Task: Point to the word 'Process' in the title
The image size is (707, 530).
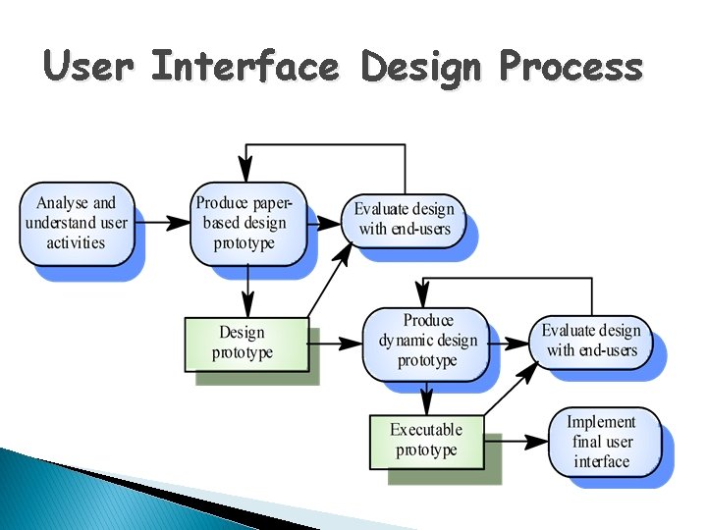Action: point(571,68)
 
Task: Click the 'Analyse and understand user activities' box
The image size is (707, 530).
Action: point(77,223)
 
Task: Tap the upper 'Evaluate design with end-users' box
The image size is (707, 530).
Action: point(404,220)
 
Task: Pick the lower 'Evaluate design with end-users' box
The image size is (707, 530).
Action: point(592,341)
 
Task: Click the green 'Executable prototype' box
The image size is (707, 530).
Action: point(427,440)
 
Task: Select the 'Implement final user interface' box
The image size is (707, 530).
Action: point(603,442)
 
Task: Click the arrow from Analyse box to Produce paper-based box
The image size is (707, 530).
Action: point(161,224)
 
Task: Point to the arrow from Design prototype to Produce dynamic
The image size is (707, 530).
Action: point(336,344)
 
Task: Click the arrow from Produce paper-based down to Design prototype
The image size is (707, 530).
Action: point(247,291)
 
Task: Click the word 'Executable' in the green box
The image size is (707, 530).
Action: point(426,430)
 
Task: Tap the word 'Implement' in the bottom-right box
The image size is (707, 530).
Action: point(602,422)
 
